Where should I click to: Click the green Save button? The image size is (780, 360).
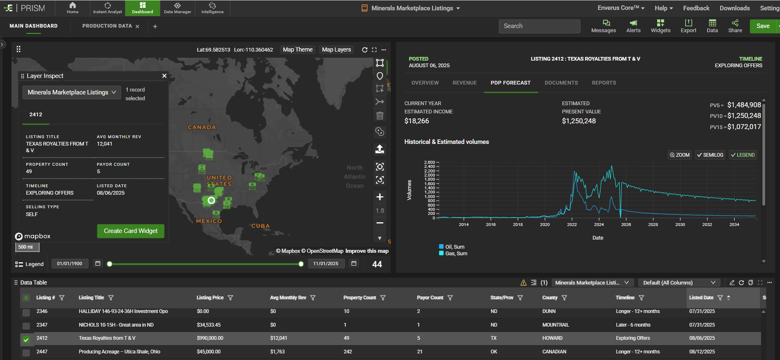point(763,26)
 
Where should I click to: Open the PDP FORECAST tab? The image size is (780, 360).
point(510,83)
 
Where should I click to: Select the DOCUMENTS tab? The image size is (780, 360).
point(561,83)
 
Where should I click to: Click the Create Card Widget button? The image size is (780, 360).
point(130,231)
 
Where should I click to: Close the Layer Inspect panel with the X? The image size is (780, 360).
point(164,76)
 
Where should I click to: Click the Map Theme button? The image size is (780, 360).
point(298,49)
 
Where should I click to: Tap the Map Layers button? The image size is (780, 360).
point(336,49)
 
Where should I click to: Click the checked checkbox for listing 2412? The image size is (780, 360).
point(26,339)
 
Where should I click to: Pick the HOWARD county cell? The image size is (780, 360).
point(552,338)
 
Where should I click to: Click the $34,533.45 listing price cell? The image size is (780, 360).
point(209,325)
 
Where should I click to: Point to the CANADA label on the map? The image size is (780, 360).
point(202,127)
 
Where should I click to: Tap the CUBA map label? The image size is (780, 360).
point(261,226)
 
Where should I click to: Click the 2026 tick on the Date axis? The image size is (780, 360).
point(626,224)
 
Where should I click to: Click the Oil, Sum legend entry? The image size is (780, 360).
point(454,247)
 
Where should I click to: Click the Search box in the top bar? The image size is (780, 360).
point(539,26)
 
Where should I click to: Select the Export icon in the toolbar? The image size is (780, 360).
point(688,26)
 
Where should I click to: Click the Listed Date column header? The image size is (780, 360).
point(701,298)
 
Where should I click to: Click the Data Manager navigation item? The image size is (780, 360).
point(177,8)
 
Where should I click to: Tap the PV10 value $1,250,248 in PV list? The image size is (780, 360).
point(744,116)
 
